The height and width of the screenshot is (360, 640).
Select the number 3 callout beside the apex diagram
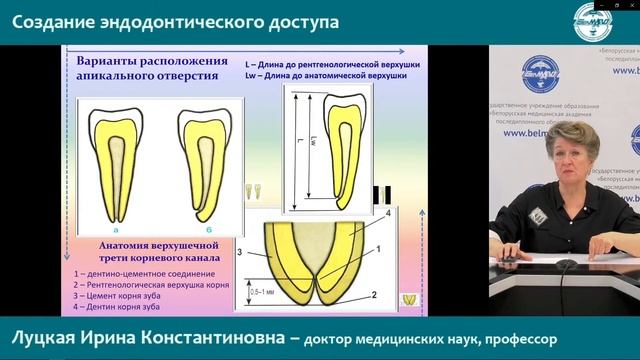240,255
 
